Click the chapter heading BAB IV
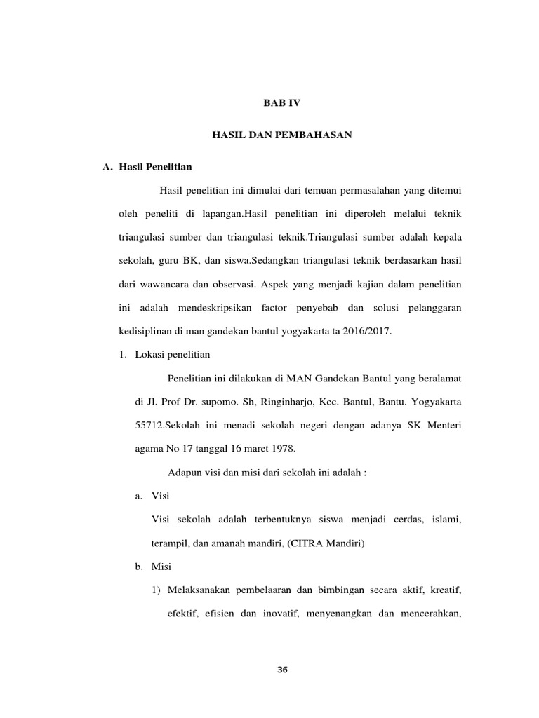[281, 102]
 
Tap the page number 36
[282, 670]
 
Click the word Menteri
[442, 426]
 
